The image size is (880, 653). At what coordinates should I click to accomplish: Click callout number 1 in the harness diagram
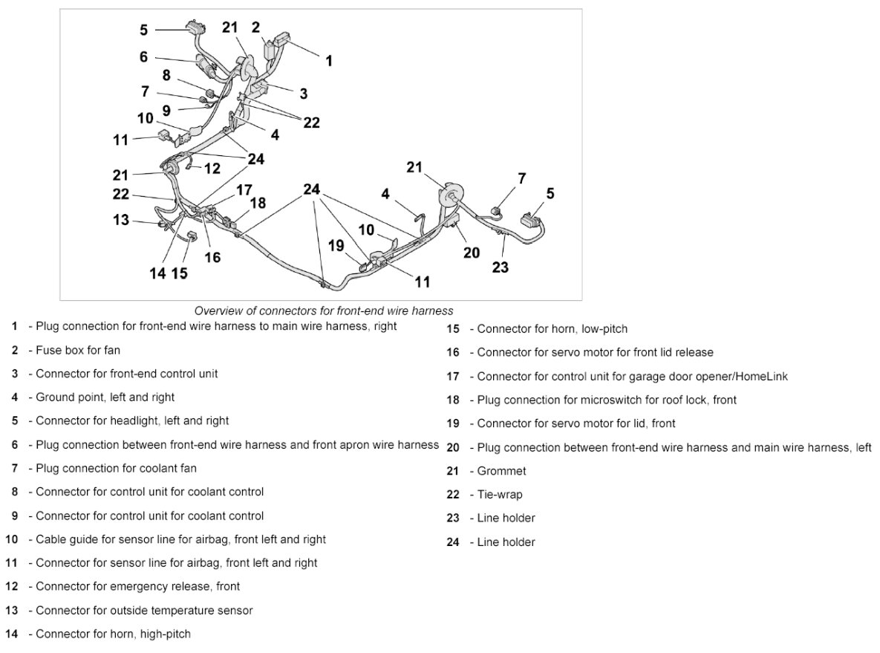click(329, 61)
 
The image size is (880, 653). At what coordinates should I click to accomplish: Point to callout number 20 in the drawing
click(472, 253)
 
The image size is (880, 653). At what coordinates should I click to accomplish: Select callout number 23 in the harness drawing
click(501, 267)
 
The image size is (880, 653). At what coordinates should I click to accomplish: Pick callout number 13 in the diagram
click(121, 219)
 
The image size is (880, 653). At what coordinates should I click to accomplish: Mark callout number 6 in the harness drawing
click(143, 56)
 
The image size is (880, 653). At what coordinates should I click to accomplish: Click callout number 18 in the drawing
click(258, 203)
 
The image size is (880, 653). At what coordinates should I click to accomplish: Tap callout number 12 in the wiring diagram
click(212, 169)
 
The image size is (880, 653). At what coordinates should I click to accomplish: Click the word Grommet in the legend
click(501, 471)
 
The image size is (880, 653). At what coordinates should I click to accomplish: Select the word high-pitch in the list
click(166, 634)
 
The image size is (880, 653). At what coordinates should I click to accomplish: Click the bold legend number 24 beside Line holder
click(453, 542)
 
